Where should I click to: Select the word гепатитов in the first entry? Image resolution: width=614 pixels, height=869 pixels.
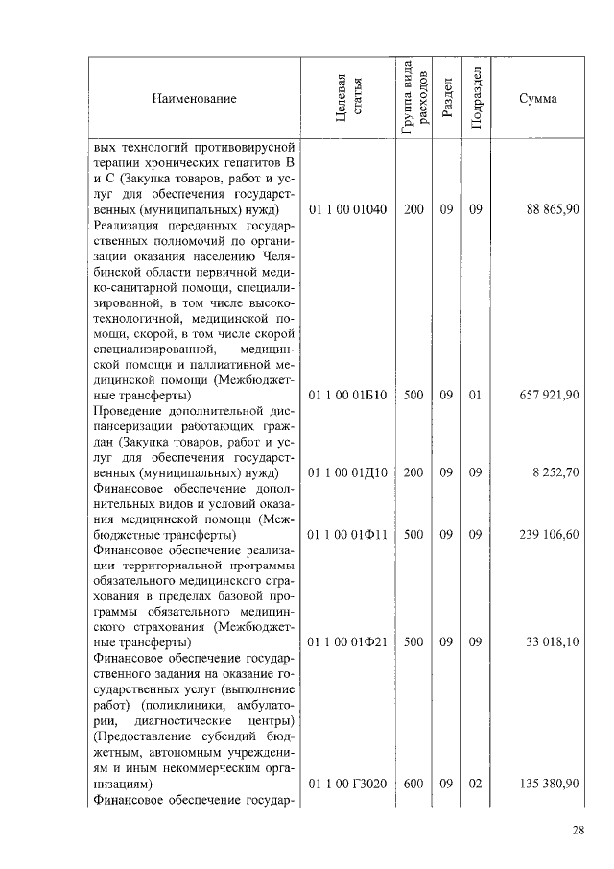pos(248,162)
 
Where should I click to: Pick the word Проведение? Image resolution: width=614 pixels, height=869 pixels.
pos(129,411)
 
